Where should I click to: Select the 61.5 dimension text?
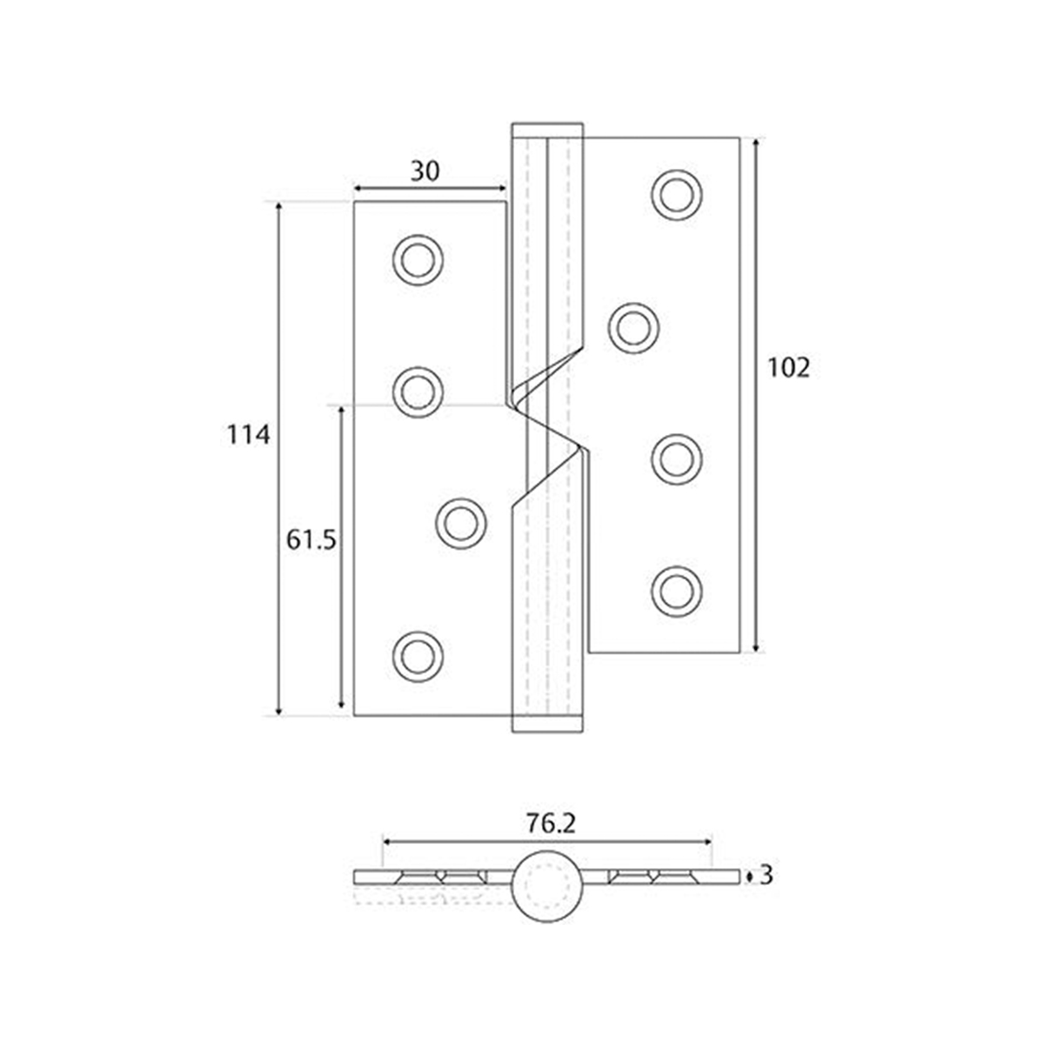coord(311,541)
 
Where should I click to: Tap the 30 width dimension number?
coord(425,171)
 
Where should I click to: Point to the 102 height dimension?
coord(789,368)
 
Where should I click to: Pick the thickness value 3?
coord(766,874)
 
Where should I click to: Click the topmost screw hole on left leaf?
coord(418,258)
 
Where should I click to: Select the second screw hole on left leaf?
coord(418,390)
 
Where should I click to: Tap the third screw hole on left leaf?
coord(459,523)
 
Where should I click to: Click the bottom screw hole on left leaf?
coord(418,654)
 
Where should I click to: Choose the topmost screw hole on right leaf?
coord(677,194)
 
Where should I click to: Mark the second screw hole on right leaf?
coord(632,326)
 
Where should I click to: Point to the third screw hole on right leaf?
coord(677,458)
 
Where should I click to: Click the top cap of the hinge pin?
coord(547,130)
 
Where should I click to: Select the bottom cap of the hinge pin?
coord(547,724)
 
